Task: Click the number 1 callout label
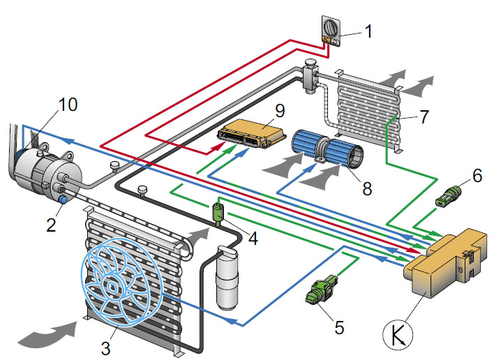coord(368,32)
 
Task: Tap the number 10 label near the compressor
coord(68,104)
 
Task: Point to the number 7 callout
coord(424,117)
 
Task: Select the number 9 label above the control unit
coord(280,111)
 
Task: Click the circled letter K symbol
coord(398,335)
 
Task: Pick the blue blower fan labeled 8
coord(328,151)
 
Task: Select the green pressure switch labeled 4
coord(218,213)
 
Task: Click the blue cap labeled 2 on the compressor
coord(64,200)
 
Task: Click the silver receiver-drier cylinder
coord(227,277)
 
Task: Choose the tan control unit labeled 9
coord(252,133)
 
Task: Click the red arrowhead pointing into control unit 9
coord(218,147)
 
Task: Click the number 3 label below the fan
coord(105,348)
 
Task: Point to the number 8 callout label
coord(367,189)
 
